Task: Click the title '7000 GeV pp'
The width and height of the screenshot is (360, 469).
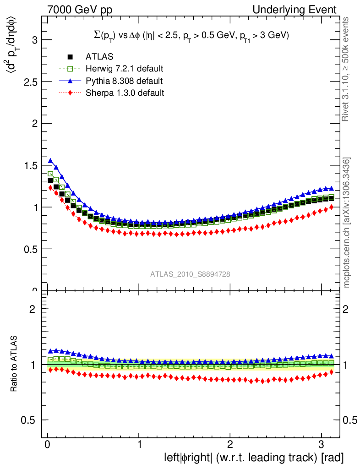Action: click(x=80, y=9)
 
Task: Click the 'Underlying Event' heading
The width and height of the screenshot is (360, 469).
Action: click(x=298, y=9)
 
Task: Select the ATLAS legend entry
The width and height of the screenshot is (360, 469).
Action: click(x=99, y=57)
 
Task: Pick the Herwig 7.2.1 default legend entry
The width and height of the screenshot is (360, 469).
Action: click(x=124, y=69)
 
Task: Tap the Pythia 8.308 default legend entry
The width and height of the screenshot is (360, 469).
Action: click(x=124, y=81)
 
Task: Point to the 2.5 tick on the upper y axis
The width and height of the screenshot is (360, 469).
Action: click(x=29, y=82)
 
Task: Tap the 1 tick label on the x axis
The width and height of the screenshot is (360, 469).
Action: click(x=139, y=445)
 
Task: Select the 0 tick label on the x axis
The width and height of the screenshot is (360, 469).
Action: click(x=47, y=445)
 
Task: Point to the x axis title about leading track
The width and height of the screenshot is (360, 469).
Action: click(x=253, y=458)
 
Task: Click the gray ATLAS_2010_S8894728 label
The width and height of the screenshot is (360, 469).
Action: click(x=190, y=274)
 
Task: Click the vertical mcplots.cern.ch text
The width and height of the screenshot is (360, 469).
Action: click(x=347, y=223)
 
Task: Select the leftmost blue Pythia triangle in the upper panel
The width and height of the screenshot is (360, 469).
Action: click(x=50, y=161)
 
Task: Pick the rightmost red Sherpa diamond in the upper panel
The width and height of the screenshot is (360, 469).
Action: click(x=331, y=207)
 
